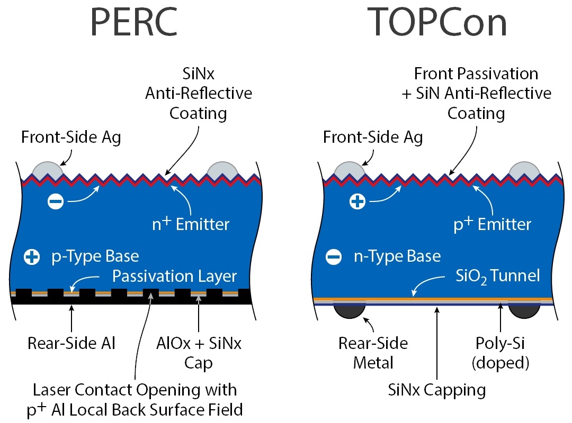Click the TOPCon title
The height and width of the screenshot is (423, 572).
(x=437, y=22)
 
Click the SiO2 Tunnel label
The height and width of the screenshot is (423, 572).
(x=498, y=275)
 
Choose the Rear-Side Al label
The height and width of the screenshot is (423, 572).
(x=71, y=344)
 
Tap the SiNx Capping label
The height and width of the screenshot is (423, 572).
(x=436, y=390)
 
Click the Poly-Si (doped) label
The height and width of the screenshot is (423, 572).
(x=501, y=353)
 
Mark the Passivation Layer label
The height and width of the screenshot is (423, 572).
(x=175, y=276)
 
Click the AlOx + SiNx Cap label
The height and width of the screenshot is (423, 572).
(x=198, y=353)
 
